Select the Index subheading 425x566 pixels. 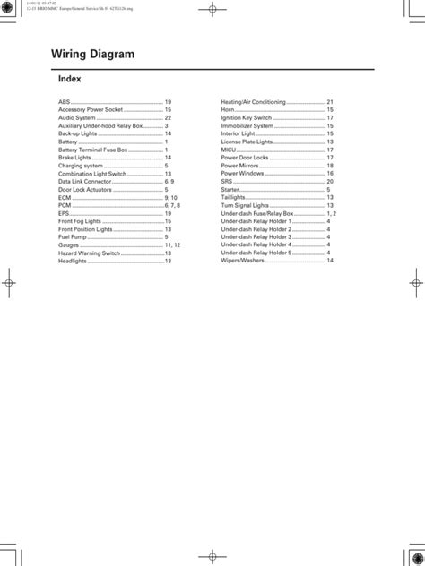click(69, 79)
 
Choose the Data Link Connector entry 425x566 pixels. click(86, 181)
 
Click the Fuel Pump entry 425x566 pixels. click(74, 236)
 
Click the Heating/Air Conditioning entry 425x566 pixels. click(254, 102)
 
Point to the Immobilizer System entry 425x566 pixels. click(248, 125)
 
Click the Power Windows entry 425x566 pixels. click(244, 173)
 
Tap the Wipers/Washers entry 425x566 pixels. click(242, 261)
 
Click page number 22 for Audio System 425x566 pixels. click(168, 117)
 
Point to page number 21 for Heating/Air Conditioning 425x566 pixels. click(330, 102)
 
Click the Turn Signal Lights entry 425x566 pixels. click(247, 205)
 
